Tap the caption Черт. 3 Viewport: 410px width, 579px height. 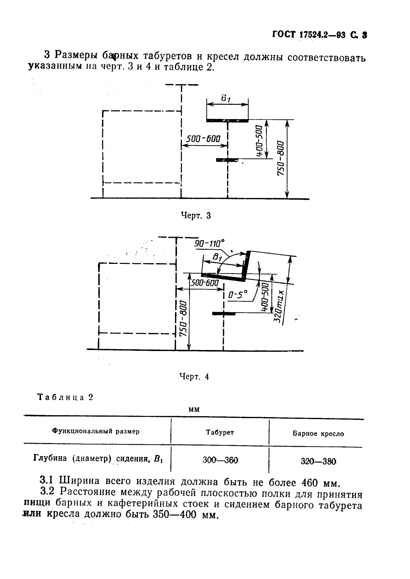tap(196, 216)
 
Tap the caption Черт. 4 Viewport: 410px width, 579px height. tap(194, 377)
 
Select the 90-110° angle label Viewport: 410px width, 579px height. tap(209, 244)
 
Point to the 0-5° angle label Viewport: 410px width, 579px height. tap(237, 294)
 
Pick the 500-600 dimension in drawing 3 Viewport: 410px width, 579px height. tap(203, 139)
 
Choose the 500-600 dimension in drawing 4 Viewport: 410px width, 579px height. tap(204, 283)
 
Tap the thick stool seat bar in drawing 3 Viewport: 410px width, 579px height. tap(227, 121)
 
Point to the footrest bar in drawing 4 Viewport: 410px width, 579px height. tap(224, 314)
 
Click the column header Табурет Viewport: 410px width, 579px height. tap(220, 432)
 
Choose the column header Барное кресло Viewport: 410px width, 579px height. tap(318, 434)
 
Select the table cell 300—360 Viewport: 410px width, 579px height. tap(220, 460)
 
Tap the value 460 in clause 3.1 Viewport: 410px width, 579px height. tap(310, 483)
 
